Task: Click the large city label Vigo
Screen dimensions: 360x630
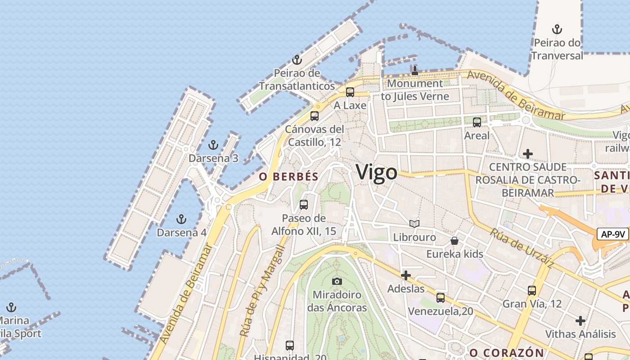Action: [x=377, y=173]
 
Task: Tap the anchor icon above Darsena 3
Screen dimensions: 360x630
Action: [x=213, y=145]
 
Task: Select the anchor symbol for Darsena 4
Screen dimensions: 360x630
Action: [x=181, y=219]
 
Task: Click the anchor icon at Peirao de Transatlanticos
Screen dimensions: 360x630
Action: [x=297, y=59]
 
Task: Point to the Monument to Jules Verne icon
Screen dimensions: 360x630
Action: [x=415, y=70]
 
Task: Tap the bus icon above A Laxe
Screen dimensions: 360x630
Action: [x=350, y=92]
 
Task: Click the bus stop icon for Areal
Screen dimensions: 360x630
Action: [x=477, y=122]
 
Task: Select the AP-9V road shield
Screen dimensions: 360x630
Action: [x=613, y=234]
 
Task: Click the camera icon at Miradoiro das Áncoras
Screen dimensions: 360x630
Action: [x=337, y=282]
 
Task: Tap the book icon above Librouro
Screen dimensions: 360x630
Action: [x=414, y=224]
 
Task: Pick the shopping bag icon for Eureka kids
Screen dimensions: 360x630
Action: [x=454, y=241]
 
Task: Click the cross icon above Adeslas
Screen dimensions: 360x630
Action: [x=406, y=275]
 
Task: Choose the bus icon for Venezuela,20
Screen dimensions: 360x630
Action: [x=441, y=297]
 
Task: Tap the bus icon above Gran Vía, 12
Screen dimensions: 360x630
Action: [x=532, y=290]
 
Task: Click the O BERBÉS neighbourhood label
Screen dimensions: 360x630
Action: [x=288, y=177]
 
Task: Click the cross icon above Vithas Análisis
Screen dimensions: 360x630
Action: [x=580, y=321]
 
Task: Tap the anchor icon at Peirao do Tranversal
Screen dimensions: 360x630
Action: [x=557, y=29]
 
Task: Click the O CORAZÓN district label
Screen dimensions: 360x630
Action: [x=507, y=352]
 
